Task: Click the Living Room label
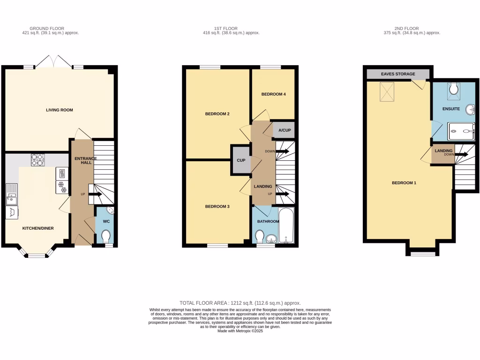coord(60,110)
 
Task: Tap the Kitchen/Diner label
coord(38,228)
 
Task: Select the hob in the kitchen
coord(37,160)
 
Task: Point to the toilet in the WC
coord(106,235)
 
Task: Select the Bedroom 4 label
coord(273,94)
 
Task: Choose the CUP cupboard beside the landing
coord(241,160)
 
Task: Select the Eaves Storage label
coord(398,74)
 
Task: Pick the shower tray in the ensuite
coord(461,132)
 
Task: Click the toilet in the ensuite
coord(453,89)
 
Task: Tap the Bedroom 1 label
coord(404,183)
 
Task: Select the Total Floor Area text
coord(240,303)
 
